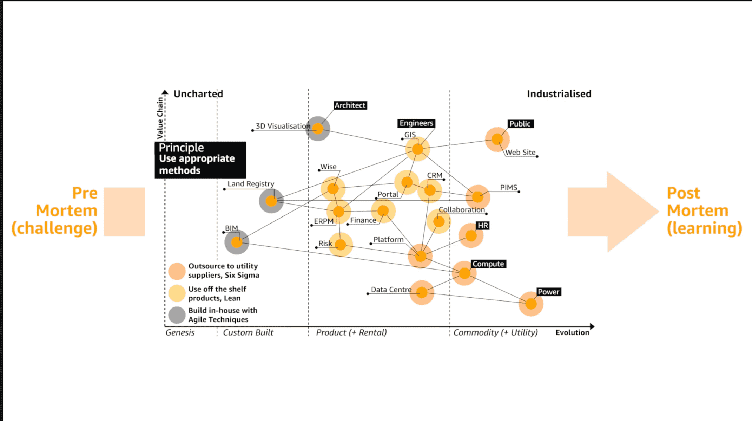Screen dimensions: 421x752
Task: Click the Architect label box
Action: [350, 105]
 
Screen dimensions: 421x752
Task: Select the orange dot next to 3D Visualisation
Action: [318, 129]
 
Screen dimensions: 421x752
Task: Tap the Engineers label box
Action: [416, 123]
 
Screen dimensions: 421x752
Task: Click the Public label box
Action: [520, 124]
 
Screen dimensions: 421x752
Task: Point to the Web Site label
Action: [520, 153]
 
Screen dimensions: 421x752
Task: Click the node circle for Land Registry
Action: [271, 201]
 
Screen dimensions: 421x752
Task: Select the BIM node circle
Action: [237, 242]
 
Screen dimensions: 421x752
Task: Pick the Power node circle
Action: [531, 304]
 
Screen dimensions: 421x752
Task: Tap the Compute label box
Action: [488, 264]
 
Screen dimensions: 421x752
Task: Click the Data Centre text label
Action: [391, 290]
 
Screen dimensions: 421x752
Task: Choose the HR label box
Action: [483, 226]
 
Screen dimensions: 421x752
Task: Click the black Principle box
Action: [200, 160]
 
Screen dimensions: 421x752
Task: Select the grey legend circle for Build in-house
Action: [177, 315]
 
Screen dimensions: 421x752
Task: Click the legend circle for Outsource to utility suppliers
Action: [177, 271]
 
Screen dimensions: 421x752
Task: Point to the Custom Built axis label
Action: [248, 332]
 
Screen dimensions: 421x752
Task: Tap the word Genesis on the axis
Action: [180, 332]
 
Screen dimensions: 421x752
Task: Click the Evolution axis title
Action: [572, 332]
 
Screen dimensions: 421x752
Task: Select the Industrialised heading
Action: [559, 94]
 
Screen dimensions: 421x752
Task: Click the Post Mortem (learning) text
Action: [704, 210]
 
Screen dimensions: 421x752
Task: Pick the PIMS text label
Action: [508, 188]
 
